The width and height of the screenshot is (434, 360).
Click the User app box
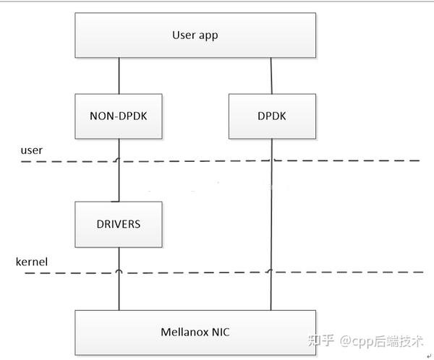tap(195, 35)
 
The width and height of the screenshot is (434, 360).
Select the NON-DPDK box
tap(119, 116)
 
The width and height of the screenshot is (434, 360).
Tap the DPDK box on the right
tap(271, 116)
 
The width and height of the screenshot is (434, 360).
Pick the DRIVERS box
tap(119, 224)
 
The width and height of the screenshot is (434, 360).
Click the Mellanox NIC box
tap(195, 332)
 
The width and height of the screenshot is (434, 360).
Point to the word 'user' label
tap(31, 150)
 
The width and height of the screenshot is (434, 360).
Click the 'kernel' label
tap(32, 261)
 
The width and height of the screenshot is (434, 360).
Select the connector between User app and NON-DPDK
tap(119, 76)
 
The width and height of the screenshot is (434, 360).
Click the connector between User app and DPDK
tap(271, 76)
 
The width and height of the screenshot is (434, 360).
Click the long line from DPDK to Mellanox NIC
tap(271, 217)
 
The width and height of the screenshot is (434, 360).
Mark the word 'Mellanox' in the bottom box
tap(183, 333)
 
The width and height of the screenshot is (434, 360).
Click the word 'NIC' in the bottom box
tap(220, 333)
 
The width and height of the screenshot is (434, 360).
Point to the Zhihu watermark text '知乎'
tap(321, 340)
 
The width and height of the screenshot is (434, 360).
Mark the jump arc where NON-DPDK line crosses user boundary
tap(119, 160)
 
